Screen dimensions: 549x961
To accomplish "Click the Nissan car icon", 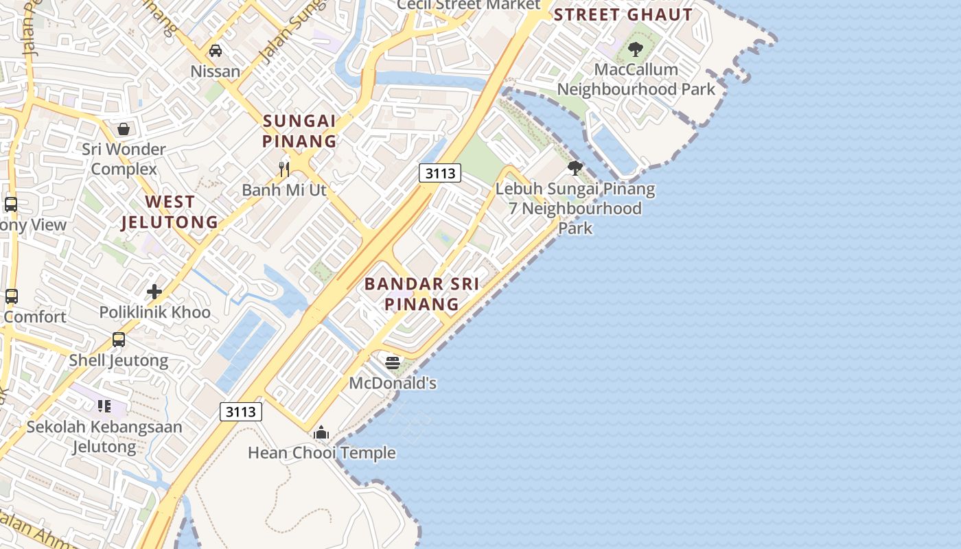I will point(216,51).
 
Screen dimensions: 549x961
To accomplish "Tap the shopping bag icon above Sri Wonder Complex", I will point(124,129).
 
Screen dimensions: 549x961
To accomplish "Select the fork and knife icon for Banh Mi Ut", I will point(284,169).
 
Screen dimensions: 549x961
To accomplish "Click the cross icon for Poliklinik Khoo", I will point(154,292).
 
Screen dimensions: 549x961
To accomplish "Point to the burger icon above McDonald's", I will point(393,362).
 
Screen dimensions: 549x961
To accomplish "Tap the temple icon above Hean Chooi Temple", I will point(321,432).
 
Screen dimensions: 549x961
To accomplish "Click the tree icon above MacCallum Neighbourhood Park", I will point(636,49).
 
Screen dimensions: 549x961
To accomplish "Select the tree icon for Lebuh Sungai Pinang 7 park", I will point(575,167).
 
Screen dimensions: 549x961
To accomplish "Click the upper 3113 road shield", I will point(440,173).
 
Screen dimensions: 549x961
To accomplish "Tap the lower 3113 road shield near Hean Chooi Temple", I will point(241,412).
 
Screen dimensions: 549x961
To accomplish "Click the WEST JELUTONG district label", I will point(170,212).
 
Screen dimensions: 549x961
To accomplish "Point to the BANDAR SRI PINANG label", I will point(421,294).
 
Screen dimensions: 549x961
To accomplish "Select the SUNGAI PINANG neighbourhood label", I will point(300,131).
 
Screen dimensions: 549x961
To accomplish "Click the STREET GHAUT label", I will point(623,14).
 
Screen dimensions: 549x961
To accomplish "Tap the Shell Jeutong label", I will point(119,360).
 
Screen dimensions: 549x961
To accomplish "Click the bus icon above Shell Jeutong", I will point(119,339).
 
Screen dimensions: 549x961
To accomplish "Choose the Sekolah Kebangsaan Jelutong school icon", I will point(104,406).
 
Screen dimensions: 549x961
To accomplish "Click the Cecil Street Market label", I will point(469,5).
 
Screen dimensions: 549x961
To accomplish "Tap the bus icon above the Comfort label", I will point(12,296).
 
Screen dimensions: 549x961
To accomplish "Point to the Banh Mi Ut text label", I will point(284,190).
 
